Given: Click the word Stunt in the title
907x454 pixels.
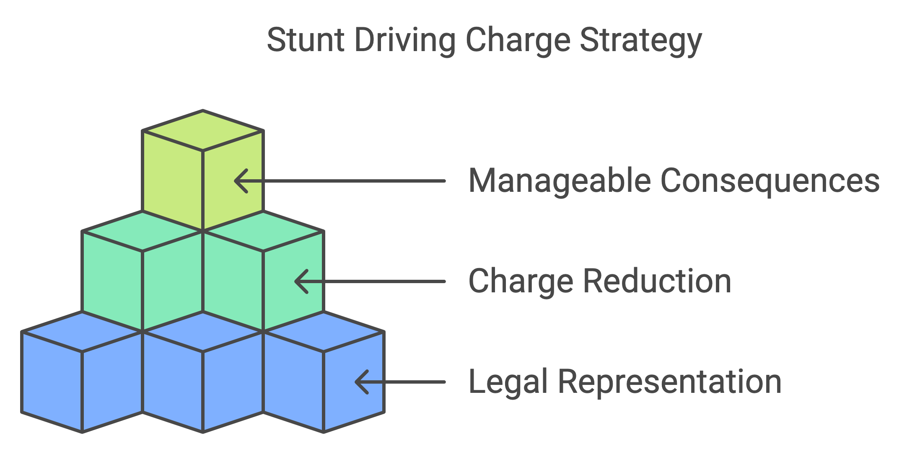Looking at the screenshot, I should (305, 40).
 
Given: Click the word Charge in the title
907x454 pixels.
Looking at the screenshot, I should (518, 41).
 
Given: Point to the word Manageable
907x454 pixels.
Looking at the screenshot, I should (559, 181).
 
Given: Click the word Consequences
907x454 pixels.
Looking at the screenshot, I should (770, 181).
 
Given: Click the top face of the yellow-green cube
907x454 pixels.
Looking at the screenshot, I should (203, 130).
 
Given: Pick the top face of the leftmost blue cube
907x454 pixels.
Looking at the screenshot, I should (82, 332).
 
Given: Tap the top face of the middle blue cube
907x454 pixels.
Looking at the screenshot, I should (203, 332).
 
